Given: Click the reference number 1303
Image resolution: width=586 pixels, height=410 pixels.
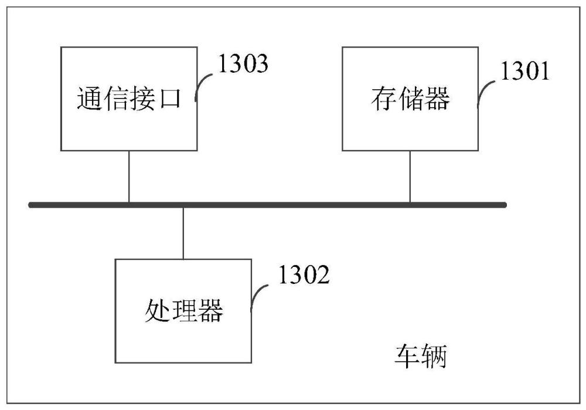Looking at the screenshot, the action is tap(243, 63).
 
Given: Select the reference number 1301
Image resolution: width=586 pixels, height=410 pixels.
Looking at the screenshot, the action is tap(524, 71).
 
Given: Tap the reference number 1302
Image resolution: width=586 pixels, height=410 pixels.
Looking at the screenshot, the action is tap(304, 275).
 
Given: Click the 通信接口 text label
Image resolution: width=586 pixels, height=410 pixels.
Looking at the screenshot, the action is tap(129, 99).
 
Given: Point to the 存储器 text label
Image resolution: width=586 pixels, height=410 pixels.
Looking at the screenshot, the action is tap(410, 99).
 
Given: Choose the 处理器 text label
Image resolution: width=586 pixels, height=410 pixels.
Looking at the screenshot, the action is tap(184, 311).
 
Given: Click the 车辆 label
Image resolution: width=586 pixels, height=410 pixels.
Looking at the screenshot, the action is tap(421, 356).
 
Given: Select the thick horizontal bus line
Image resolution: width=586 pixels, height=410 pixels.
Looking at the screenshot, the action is tap(268, 205).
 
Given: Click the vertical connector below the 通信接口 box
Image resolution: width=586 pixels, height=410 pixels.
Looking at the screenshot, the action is tap(129, 177).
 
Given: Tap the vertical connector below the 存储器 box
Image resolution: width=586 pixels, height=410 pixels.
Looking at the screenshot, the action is tap(410, 177).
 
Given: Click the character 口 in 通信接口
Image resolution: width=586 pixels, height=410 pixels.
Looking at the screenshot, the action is tap(171, 99).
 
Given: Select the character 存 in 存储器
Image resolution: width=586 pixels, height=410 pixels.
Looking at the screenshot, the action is tap(384, 99).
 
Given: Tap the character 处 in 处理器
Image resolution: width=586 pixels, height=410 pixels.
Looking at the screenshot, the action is tap(157, 311).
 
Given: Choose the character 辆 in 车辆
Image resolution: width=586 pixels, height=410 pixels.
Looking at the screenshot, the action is tap(434, 356).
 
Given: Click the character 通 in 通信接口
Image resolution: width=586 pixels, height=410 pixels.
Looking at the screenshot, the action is tap(90, 99).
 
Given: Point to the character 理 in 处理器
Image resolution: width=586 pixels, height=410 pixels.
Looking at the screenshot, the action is tap(184, 311).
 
